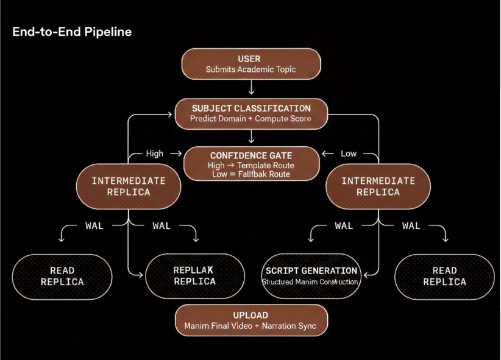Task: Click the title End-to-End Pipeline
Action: coord(71,32)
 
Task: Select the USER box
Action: coord(250,64)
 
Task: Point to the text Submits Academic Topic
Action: coord(250,69)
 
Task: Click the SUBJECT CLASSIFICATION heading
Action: coord(251,108)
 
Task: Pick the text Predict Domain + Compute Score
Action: coord(250,118)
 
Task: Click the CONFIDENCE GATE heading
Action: coord(251,155)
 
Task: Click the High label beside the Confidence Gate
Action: coord(155,154)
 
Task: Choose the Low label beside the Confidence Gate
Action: coord(349,154)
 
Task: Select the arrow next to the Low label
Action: coord(328,154)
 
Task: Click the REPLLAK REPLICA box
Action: coord(194,276)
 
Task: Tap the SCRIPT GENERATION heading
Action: coord(311,270)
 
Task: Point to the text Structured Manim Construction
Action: coord(310,282)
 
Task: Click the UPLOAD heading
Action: coord(250,315)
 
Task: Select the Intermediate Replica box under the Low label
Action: coord(378,186)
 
